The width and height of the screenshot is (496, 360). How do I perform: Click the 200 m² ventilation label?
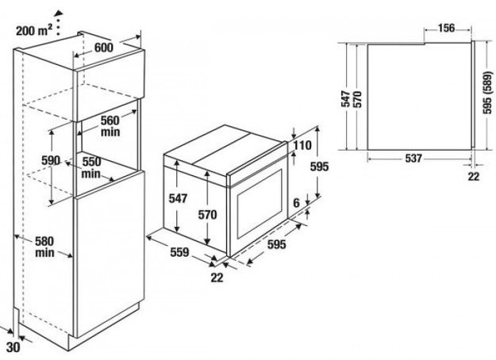(x=34, y=31)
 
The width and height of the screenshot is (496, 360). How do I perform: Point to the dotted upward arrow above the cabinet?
(x=58, y=22)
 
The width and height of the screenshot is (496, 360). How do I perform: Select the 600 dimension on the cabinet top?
(x=104, y=48)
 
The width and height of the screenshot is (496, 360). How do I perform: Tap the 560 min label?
(x=110, y=126)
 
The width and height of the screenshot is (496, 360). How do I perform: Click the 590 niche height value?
(x=51, y=160)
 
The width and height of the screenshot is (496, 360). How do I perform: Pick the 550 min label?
(x=91, y=167)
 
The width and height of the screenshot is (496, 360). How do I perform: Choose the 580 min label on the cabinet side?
(x=44, y=247)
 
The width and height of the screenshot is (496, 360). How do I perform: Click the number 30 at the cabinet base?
(x=13, y=347)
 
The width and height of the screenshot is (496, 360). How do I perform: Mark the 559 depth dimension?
(x=179, y=252)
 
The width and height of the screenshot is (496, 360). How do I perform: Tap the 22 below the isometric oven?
(x=217, y=278)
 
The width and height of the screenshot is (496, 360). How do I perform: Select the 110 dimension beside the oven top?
(x=302, y=145)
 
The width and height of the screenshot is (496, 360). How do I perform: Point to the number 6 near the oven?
(x=296, y=202)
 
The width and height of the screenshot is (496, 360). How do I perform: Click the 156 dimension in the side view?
(x=446, y=28)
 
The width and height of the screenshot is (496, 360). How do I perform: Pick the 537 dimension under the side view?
(x=413, y=158)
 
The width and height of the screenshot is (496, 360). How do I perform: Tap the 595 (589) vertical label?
(x=488, y=92)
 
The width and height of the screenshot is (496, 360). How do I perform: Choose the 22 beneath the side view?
(x=474, y=176)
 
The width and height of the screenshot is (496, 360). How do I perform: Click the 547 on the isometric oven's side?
(x=178, y=198)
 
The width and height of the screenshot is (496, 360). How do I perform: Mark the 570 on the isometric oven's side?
(x=207, y=215)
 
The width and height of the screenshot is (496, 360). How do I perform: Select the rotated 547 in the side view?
(x=345, y=99)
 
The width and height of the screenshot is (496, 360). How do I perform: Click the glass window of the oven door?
(x=260, y=204)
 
